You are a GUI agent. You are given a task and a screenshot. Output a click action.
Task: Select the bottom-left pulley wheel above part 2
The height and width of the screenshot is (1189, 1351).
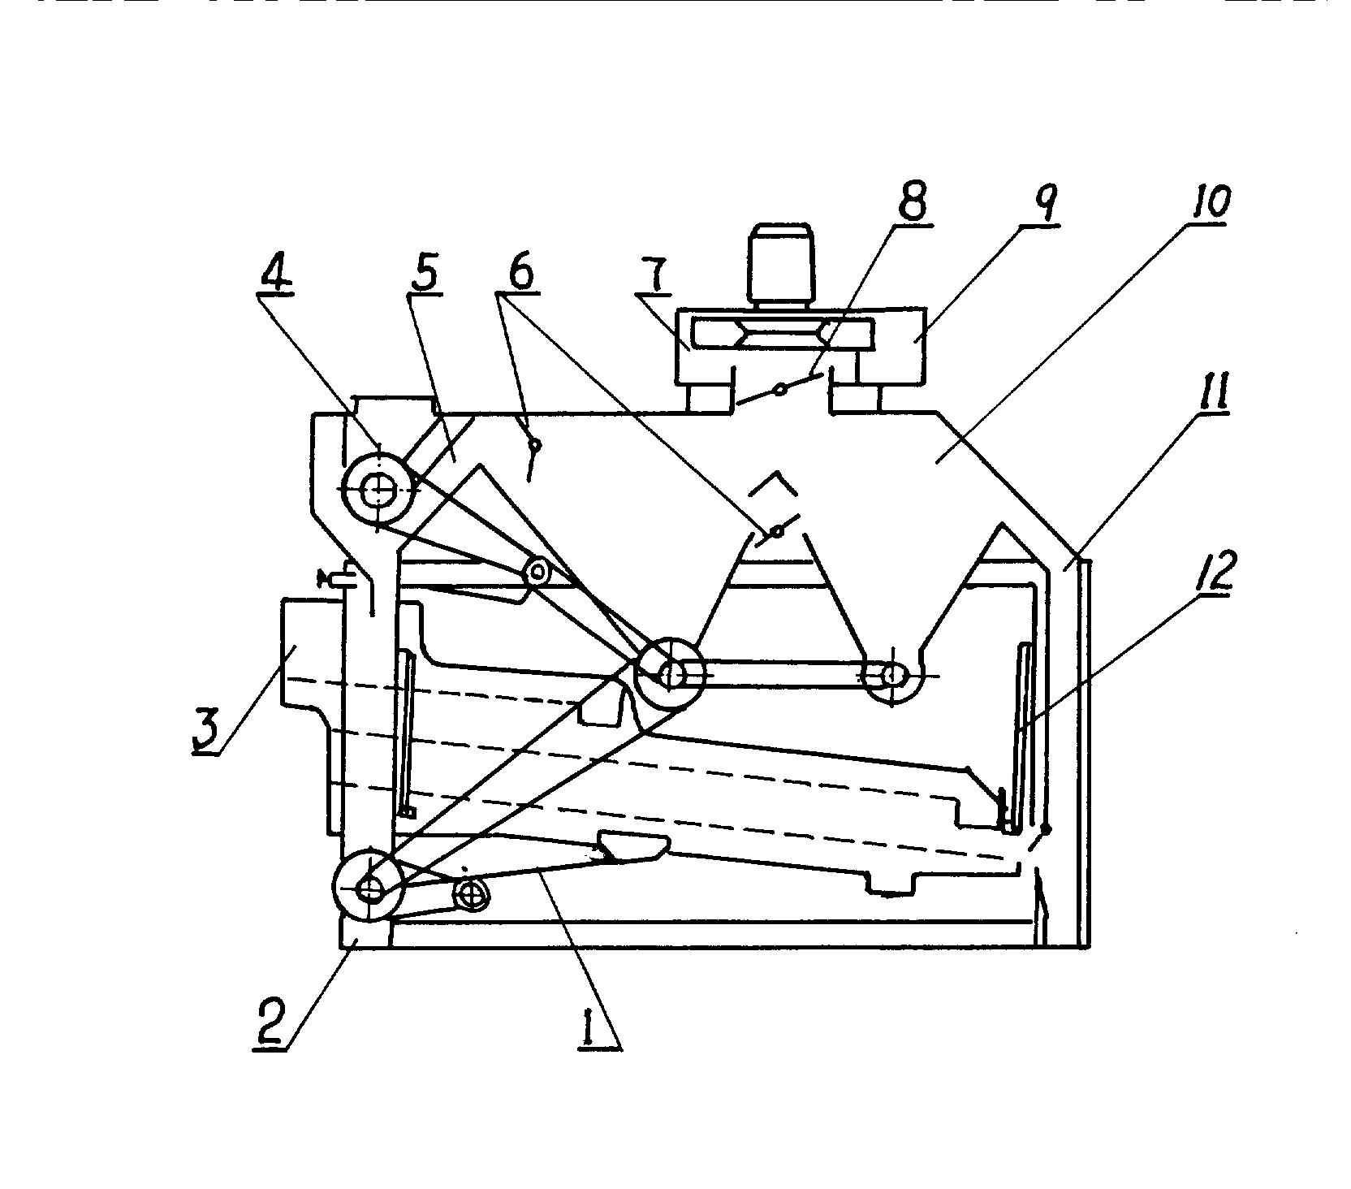(x=369, y=889)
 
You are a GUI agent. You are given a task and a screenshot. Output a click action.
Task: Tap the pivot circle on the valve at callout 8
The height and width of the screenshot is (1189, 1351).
(x=779, y=390)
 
